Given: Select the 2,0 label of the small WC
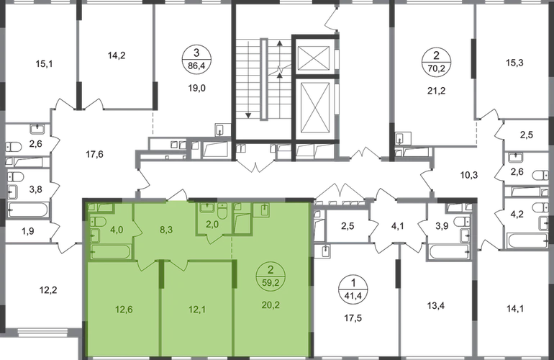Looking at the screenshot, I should (212, 225).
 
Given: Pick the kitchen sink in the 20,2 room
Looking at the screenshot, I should (263, 210).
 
